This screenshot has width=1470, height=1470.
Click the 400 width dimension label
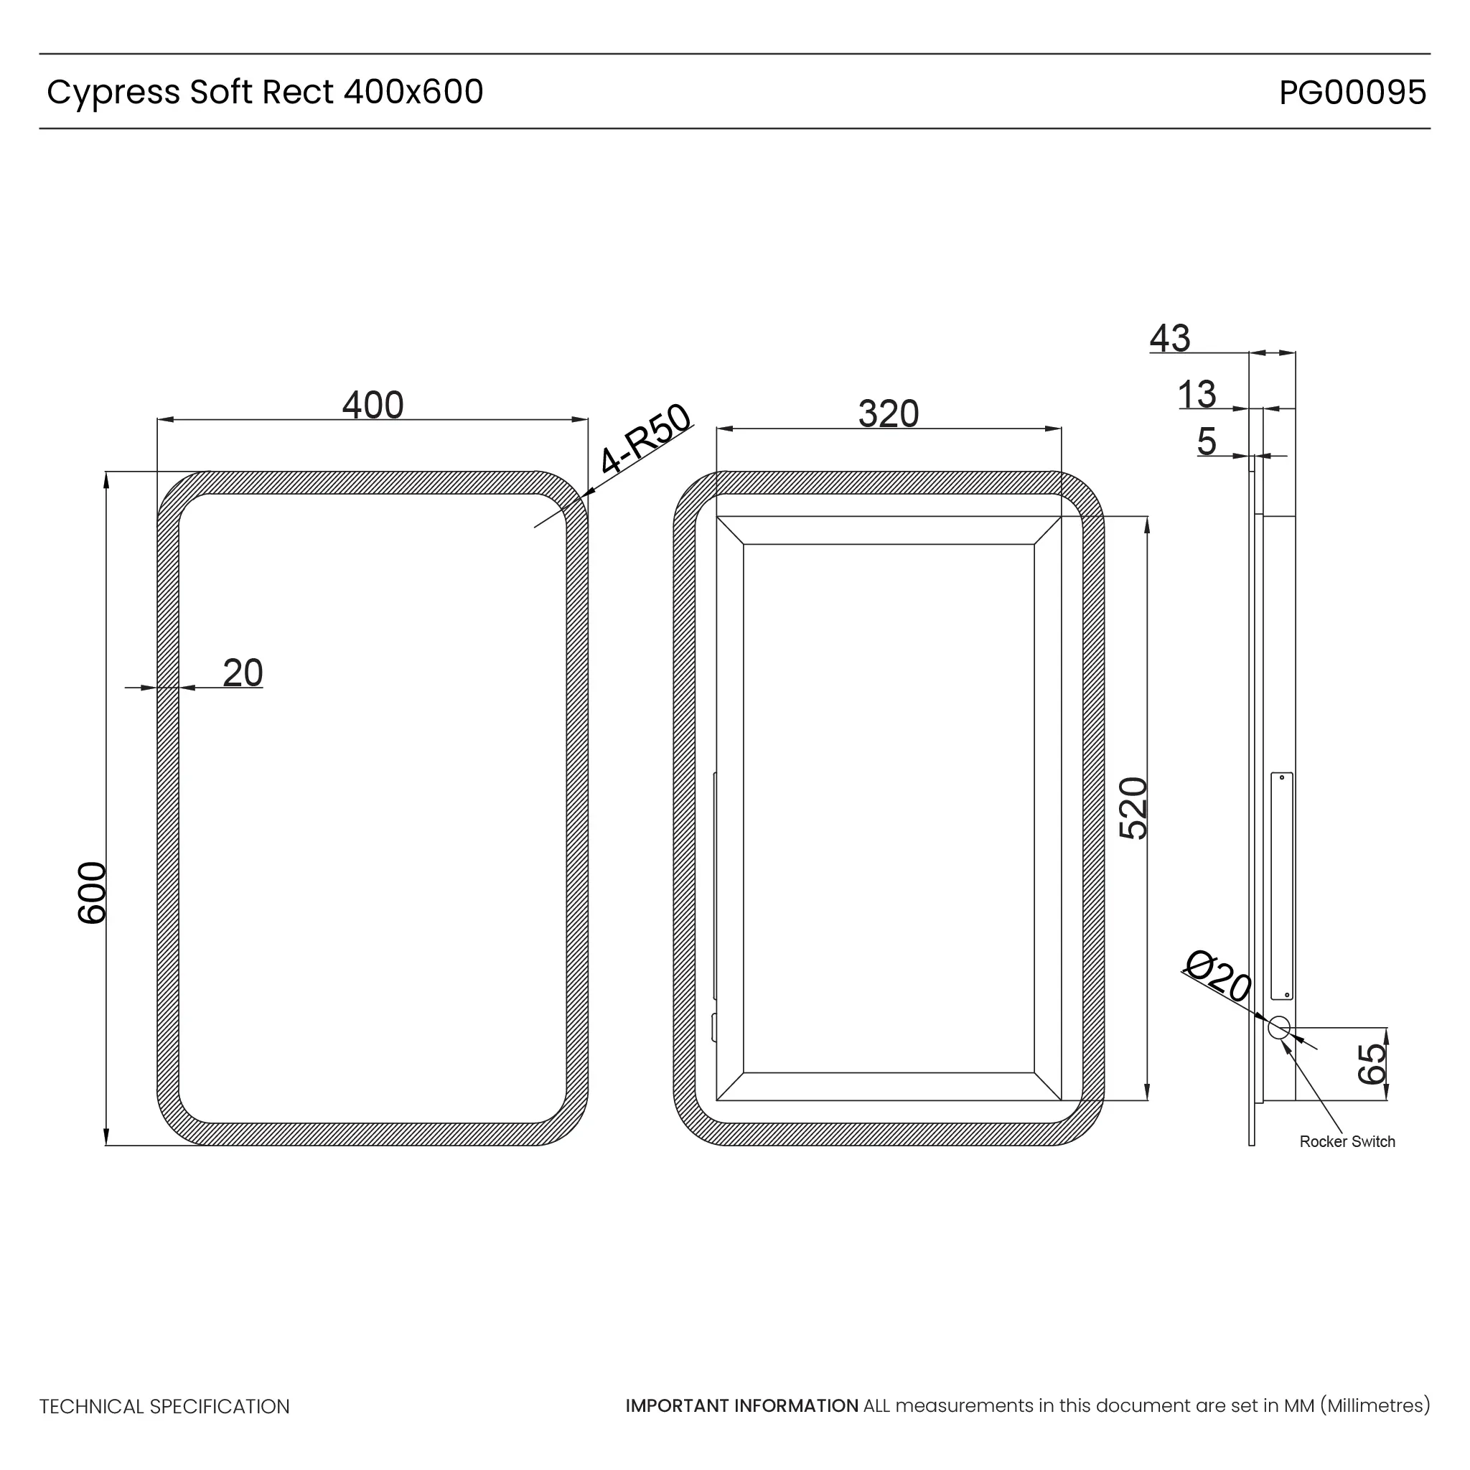(372, 405)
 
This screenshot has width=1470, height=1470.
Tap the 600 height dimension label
(93, 892)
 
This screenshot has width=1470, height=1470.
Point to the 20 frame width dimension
(243, 673)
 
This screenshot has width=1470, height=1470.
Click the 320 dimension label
(888, 414)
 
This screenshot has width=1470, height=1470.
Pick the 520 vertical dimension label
(1133, 808)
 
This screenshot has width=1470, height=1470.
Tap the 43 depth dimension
(1169, 338)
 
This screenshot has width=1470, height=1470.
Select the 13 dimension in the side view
(1196, 395)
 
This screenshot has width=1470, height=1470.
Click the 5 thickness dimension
(1206, 441)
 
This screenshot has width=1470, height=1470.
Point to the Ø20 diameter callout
(1218, 976)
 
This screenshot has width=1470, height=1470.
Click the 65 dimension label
(1372, 1063)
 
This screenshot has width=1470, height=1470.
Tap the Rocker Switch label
(1347, 1141)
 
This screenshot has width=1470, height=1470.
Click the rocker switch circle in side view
(1279, 1028)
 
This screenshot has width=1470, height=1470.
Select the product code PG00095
(1352, 92)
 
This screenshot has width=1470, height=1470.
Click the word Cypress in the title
(113, 93)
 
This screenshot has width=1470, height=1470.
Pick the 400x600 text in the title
(413, 92)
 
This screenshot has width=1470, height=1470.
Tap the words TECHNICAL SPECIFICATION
(164, 1407)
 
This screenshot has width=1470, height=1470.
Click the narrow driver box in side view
(1281, 886)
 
